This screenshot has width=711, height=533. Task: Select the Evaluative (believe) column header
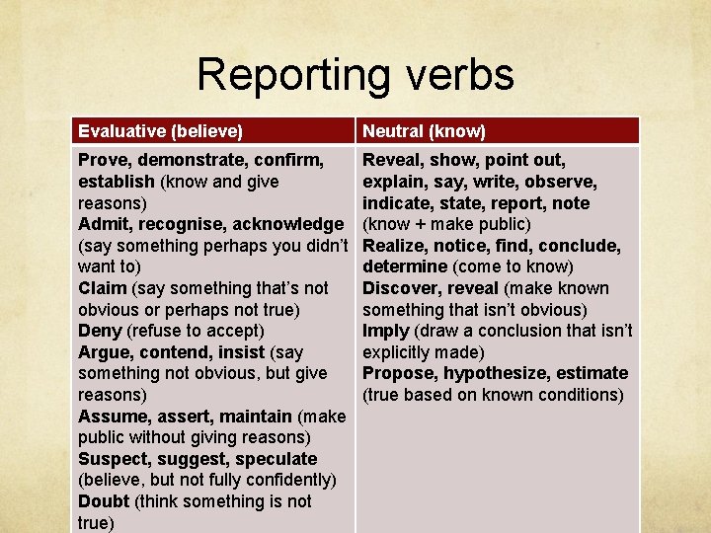coord(160,130)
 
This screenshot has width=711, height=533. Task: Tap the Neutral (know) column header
coord(424,130)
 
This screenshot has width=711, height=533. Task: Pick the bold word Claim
coord(102,288)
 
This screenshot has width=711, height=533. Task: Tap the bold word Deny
coord(100,331)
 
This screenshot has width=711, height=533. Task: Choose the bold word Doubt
coord(104,501)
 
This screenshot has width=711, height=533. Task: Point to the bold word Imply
coord(385,331)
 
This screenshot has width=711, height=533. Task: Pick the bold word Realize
coord(396,246)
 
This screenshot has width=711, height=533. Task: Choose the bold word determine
coord(405,266)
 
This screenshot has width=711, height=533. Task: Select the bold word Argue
coord(104,352)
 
